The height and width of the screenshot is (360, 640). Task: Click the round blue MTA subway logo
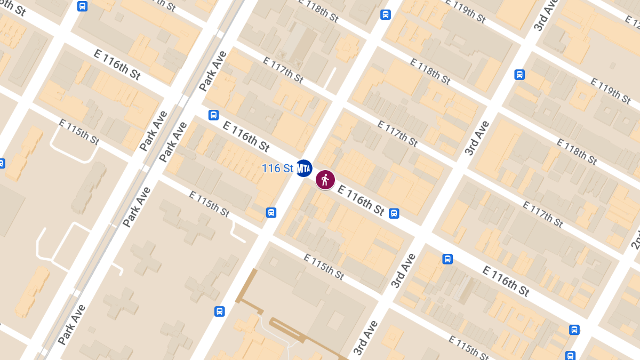point(303,169)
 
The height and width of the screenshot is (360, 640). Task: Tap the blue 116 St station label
point(277,169)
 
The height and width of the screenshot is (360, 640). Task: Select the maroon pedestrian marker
point(325,180)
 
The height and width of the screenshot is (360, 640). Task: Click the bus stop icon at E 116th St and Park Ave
point(213,115)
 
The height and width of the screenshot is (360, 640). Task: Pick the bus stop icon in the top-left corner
point(82,6)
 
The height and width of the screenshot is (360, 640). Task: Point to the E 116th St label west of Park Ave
point(117,65)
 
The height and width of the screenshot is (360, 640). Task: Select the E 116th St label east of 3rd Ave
point(506,281)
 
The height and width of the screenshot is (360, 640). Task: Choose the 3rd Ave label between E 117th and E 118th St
point(476,138)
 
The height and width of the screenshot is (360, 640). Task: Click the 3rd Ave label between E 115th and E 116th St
point(403,270)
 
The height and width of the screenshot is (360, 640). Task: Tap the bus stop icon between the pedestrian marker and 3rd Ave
point(394,213)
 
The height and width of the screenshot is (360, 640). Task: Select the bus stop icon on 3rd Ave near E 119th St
point(519,75)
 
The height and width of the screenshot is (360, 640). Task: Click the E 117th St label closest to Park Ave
point(283,70)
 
